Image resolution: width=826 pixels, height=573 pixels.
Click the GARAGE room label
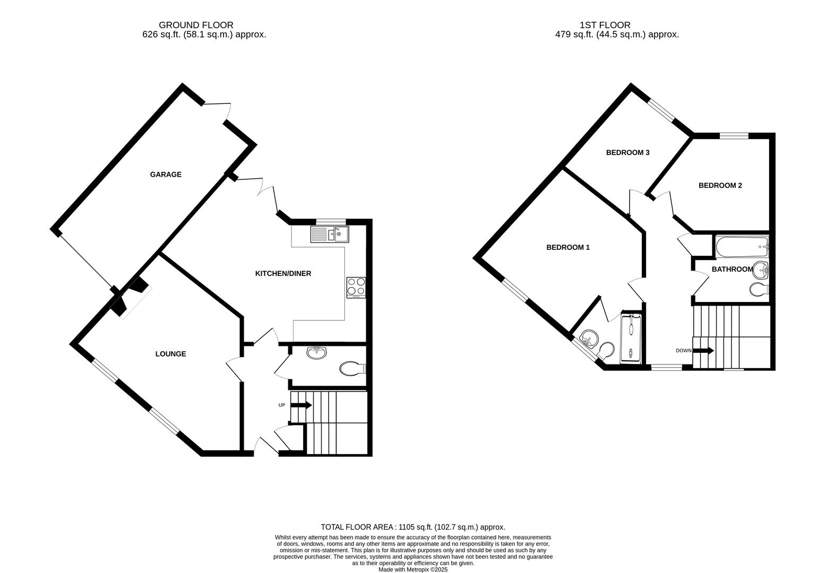[166, 175]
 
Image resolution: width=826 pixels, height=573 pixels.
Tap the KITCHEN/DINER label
[283, 274]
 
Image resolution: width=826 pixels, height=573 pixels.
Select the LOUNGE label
[170, 354]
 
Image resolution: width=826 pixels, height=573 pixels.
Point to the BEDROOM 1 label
[568, 247]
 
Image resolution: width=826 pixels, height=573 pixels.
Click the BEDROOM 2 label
[720, 185]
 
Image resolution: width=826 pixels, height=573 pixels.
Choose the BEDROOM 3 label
[627, 153]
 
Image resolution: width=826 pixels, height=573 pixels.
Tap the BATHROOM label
[732, 270]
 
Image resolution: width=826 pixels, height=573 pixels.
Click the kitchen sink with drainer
[330, 234]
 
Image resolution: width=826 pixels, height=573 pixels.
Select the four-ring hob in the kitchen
[356, 286]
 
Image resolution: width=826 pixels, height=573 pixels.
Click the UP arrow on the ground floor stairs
[301, 405]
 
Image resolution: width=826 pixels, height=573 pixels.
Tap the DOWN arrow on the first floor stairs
[703, 351]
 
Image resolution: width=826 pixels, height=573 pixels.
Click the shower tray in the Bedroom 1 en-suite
[631, 338]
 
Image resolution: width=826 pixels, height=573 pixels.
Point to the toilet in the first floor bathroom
[758, 290]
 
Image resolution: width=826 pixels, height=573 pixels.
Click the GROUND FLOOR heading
[196, 25]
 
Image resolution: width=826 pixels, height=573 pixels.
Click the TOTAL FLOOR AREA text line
[412, 527]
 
